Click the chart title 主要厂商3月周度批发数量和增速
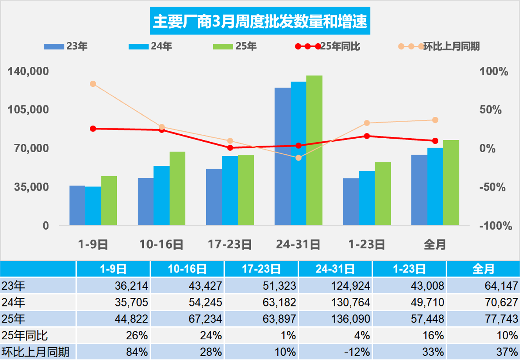(260, 21)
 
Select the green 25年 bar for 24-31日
(314, 150)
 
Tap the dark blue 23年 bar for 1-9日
(77, 205)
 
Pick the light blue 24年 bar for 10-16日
(161, 196)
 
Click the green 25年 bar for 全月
(451, 182)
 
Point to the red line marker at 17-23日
(230, 148)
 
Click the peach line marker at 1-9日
(93, 84)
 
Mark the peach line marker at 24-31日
(298, 158)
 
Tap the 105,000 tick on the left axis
(29, 110)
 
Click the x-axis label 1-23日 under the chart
(367, 245)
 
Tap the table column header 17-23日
(261, 269)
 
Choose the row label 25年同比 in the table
(25, 335)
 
